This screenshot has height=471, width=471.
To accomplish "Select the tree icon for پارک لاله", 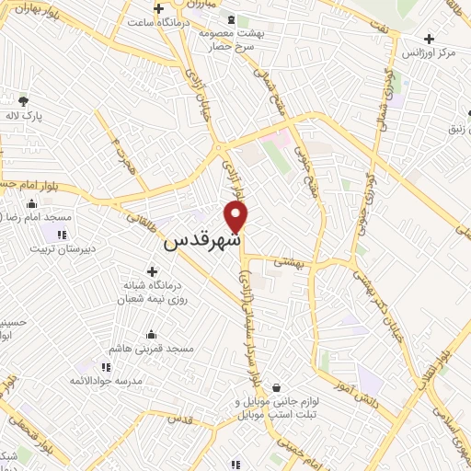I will pyautogui.click(x=23, y=100).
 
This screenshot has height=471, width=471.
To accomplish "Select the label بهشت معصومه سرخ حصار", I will pyautogui.click(x=230, y=39).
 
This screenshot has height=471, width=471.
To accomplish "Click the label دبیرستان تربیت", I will pyautogui.click(x=61, y=248).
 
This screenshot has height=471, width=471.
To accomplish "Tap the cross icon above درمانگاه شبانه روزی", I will pyautogui.click(x=152, y=271).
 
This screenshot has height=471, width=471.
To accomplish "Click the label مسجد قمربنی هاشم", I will pyautogui.click(x=150, y=350).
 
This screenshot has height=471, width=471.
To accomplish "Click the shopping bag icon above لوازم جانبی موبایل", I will pyautogui.click(x=275, y=389).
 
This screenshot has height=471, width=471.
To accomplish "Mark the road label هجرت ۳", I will pyautogui.click(x=116, y=157).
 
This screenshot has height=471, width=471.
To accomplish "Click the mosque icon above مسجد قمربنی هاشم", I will pyautogui.click(x=151, y=334).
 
